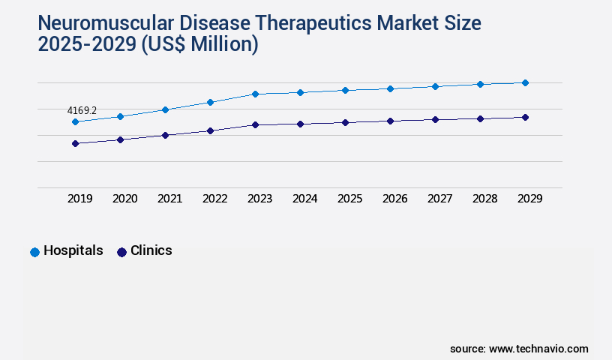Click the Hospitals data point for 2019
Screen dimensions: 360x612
75,121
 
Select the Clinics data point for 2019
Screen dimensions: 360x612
75,143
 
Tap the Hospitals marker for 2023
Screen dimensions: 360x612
255,94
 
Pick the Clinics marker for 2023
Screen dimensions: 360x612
255,124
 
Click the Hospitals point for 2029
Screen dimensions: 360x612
525,82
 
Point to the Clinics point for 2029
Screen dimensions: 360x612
525,117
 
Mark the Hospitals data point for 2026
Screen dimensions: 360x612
390,88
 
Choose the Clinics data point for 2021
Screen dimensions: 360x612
165,135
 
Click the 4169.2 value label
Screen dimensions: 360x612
82,110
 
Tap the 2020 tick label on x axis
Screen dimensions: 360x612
124,199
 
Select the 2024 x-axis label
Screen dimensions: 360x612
304,199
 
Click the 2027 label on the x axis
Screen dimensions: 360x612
439,199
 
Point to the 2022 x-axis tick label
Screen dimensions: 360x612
214,199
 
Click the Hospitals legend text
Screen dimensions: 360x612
73,250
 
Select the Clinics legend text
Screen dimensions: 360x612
151,250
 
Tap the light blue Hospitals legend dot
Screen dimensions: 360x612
34,252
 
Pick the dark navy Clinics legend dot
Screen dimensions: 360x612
121,252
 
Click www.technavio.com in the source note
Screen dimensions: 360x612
538,349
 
